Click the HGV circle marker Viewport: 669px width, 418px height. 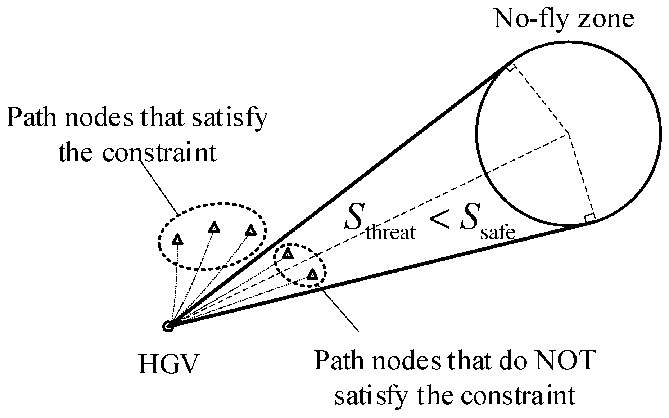tap(168, 327)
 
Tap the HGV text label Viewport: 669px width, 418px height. tap(168, 365)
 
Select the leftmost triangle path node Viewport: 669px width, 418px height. tap(177, 239)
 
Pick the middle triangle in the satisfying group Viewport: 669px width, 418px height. tap(214, 228)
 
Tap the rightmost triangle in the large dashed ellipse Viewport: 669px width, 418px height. tap(250, 230)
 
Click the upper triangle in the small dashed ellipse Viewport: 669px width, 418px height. tap(287, 254)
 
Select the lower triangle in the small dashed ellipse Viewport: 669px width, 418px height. tap(312, 275)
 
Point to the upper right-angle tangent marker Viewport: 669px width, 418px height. tap(510, 68)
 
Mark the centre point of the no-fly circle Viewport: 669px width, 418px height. tap(568, 133)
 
